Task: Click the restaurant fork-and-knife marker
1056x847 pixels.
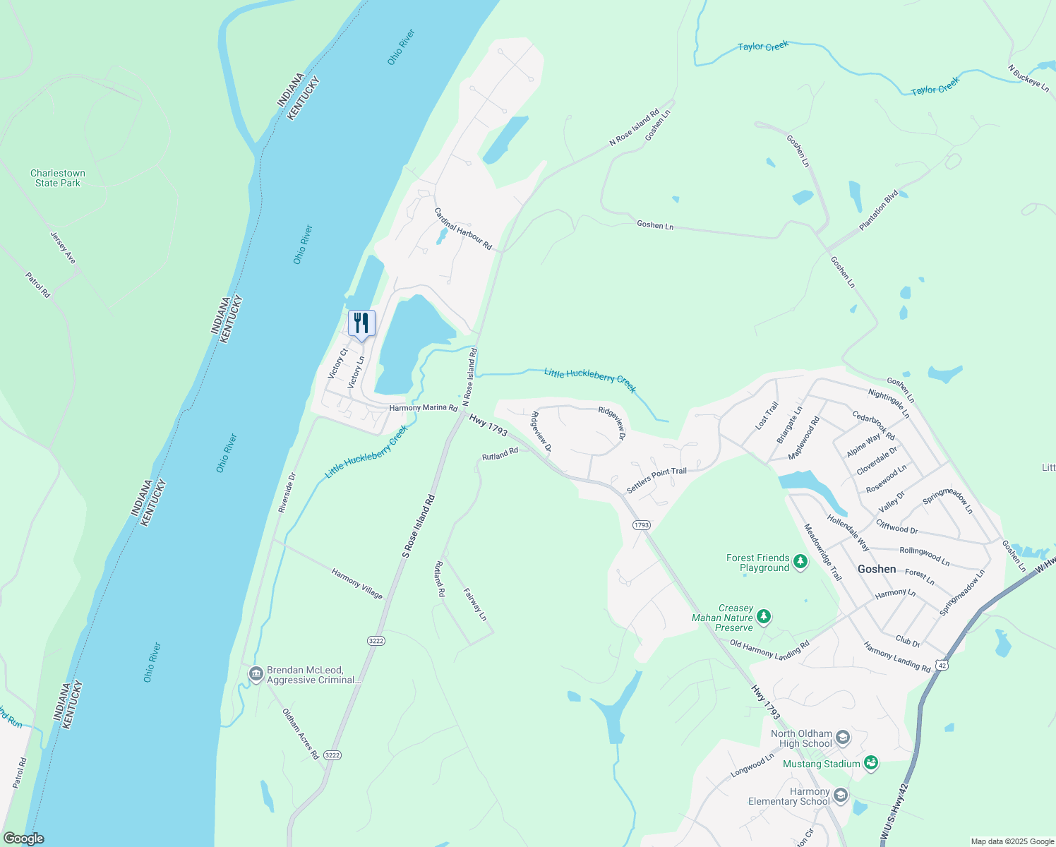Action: pyautogui.click(x=361, y=324)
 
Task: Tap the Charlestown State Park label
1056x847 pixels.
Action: pyautogui.click(x=58, y=178)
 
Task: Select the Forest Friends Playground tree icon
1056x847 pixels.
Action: pyautogui.click(x=800, y=562)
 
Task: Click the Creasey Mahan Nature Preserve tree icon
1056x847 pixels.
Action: pyautogui.click(x=764, y=618)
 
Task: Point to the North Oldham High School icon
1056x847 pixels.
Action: pyautogui.click(x=843, y=738)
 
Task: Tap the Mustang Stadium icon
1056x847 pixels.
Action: pyautogui.click(x=871, y=763)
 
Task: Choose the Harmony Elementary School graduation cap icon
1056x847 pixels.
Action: pyautogui.click(x=840, y=796)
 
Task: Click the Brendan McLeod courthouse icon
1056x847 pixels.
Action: pyautogui.click(x=256, y=675)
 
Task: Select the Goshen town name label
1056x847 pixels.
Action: pyautogui.click(x=877, y=569)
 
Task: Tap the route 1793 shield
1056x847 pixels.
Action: pyautogui.click(x=641, y=525)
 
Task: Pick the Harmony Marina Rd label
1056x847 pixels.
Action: pyautogui.click(x=424, y=408)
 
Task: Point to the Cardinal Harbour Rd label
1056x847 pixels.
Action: pyautogui.click(x=463, y=229)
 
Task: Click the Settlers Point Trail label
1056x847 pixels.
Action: pyautogui.click(x=656, y=481)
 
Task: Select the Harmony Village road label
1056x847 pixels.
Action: pyautogui.click(x=357, y=584)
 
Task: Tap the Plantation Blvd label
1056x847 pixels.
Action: pyautogui.click(x=879, y=210)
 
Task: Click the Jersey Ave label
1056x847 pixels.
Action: pyautogui.click(x=63, y=248)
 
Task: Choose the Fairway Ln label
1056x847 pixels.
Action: pyautogui.click(x=475, y=604)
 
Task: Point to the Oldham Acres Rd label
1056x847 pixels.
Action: pyautogui.click(x=301, y=734)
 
